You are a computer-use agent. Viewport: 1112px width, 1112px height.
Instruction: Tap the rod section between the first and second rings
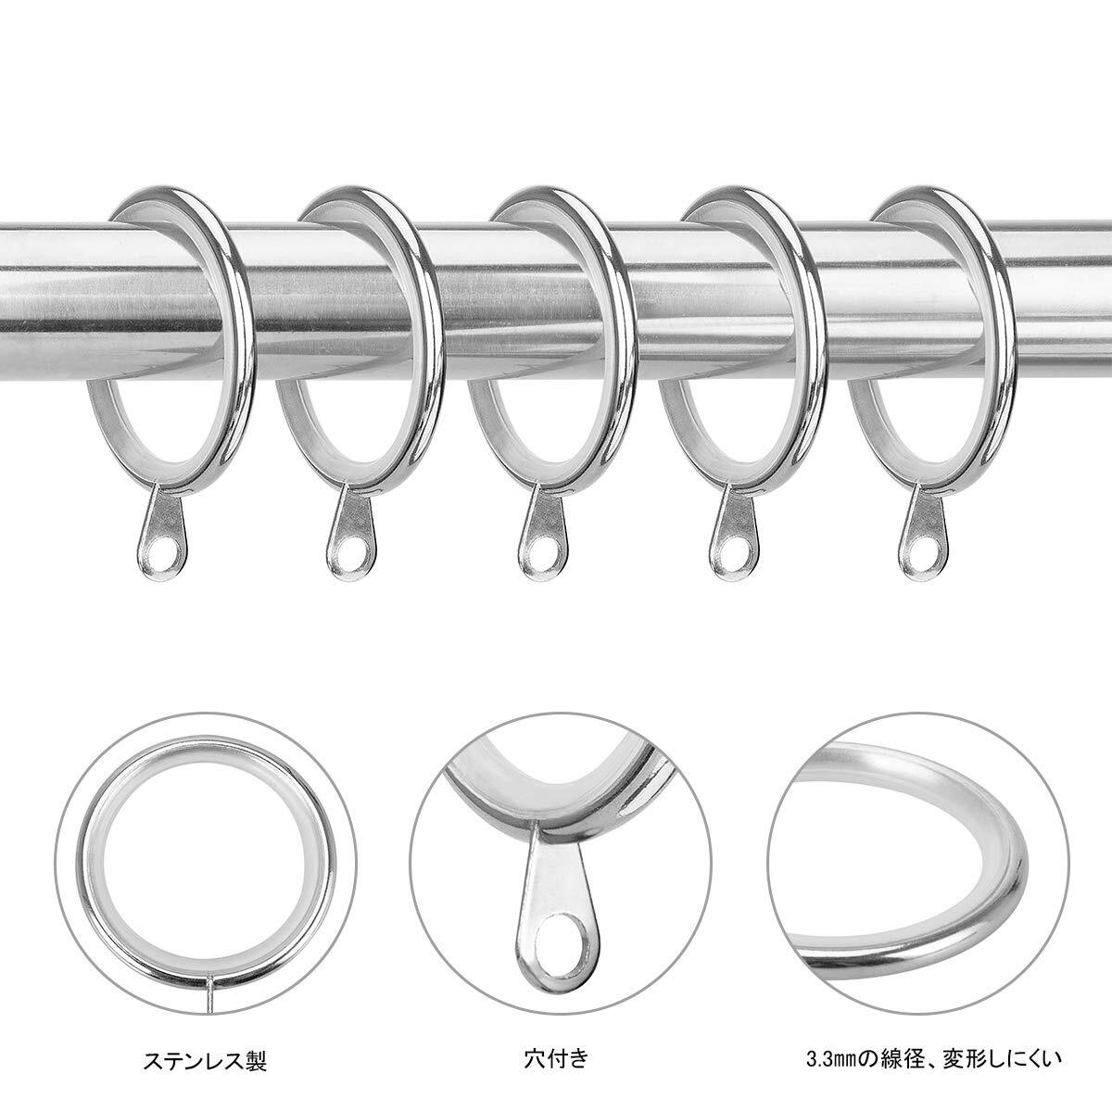pyautogui.click(x=269, y=278)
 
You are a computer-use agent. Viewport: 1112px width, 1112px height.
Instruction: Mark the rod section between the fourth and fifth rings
pyautogui.click(x=839, y=278)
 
